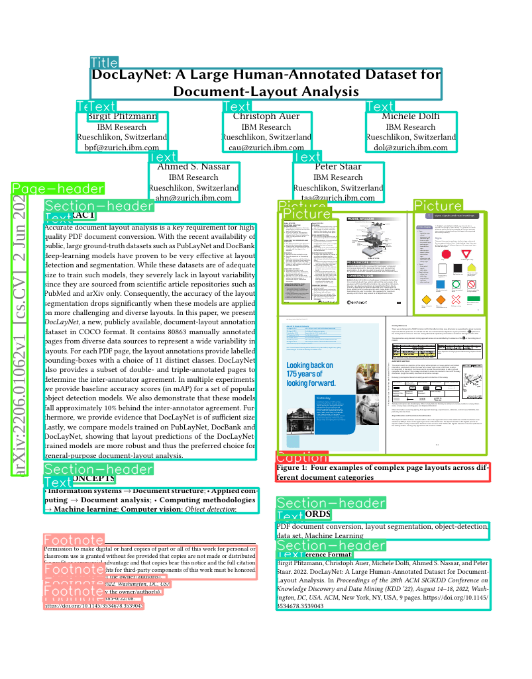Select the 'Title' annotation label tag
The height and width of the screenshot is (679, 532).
pos(104,63)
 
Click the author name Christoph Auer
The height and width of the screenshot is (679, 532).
pos(266,116)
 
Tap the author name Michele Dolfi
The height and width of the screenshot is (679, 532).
pos(410,116)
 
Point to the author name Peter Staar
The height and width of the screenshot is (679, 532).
pos(338,167)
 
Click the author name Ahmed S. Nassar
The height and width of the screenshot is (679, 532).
pos(193,167)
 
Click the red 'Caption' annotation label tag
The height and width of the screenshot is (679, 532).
pos(301,457)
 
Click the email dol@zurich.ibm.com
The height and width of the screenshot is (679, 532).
pos(411,148)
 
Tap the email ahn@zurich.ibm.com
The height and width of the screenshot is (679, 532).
pos(193,198)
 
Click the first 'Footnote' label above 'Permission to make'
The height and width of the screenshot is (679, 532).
pos(74,540)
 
